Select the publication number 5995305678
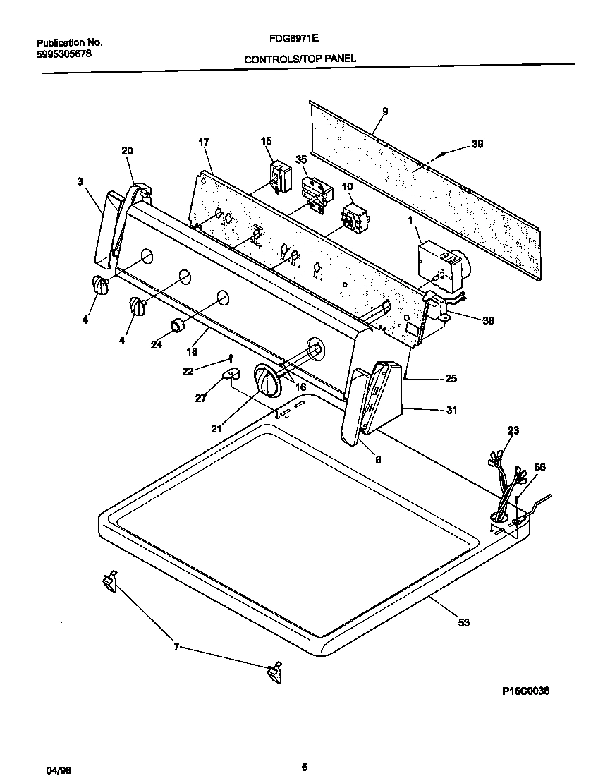click(x=63, y=54)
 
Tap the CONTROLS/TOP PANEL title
click(x=300, y=60)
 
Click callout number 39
click(x=477, y=144)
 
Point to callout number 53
click(x=463, y=622)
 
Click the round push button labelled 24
click(x=177, y=327)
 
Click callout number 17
click(x=204, y=142)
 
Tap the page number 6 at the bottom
click(x=304, y=768)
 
